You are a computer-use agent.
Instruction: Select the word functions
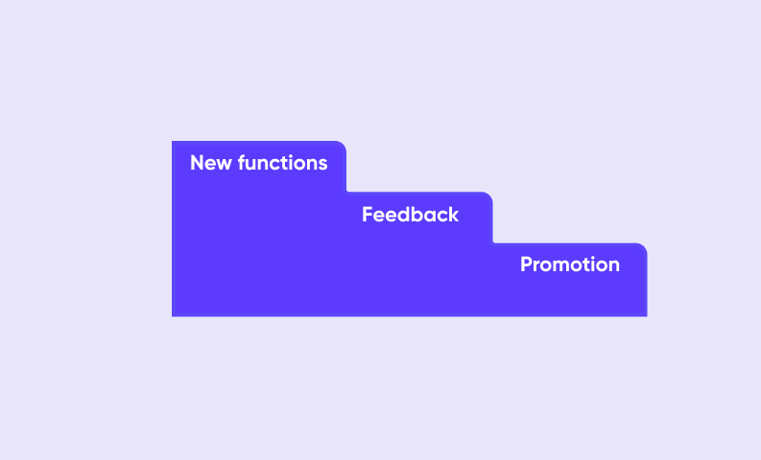[x=282, y=162]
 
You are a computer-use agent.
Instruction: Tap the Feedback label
[x=410, y=215]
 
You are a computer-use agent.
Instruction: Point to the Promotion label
[x=570, y=264]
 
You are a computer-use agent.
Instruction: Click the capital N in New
[x=197, y=163]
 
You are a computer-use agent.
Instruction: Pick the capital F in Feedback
[x=368, y=215]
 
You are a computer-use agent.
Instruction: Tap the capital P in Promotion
[x=526, y=264]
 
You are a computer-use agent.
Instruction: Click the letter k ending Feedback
[x=453, y=215]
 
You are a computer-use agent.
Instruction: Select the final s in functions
[x=322, y=165]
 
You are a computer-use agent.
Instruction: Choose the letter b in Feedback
[x=416, y=215]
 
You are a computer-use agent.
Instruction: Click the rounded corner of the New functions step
[x=344, y=145]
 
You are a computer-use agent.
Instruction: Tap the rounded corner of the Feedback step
[x=489, y=195]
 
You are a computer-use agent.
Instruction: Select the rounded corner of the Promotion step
[x=643, y=247]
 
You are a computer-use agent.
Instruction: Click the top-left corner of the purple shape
[x=173, y=142]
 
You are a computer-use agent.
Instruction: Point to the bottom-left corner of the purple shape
[x=173, y=316]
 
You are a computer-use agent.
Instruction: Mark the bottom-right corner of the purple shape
[x=647, y=316]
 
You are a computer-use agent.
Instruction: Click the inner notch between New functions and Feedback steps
[x=347, y=192]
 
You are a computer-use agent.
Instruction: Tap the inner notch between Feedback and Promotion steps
[x=493, y=242]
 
